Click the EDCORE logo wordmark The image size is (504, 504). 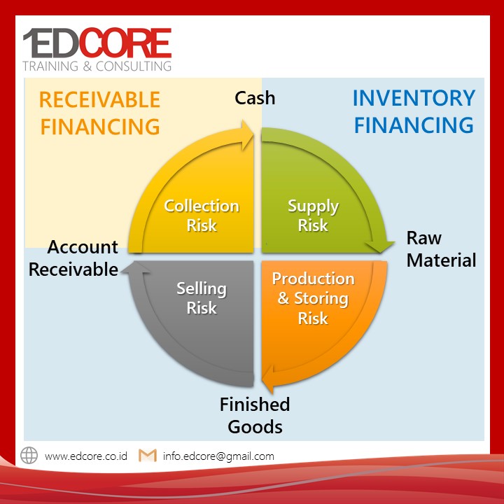point(97,43)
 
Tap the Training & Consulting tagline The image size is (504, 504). point(97,66)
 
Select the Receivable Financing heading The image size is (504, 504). point(99,113)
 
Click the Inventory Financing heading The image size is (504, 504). point(414,111)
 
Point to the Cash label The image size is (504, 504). point(255,98)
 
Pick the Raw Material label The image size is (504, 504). point(441,249)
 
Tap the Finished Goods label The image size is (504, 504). point(255,415)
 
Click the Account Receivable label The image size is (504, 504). point(73,258)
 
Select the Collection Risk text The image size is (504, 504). point(202,216)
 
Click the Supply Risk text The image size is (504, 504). point(313,216)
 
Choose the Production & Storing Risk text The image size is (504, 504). point(314,298)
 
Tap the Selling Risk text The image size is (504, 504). point(202,298)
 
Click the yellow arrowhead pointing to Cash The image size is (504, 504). point(248,135)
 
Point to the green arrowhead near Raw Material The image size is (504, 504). point(380,246)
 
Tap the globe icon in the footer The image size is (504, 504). point(29,456)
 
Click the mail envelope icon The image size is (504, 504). point(148,456)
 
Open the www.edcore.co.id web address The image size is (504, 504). point(86,456)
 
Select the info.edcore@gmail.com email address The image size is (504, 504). point(218,456)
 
